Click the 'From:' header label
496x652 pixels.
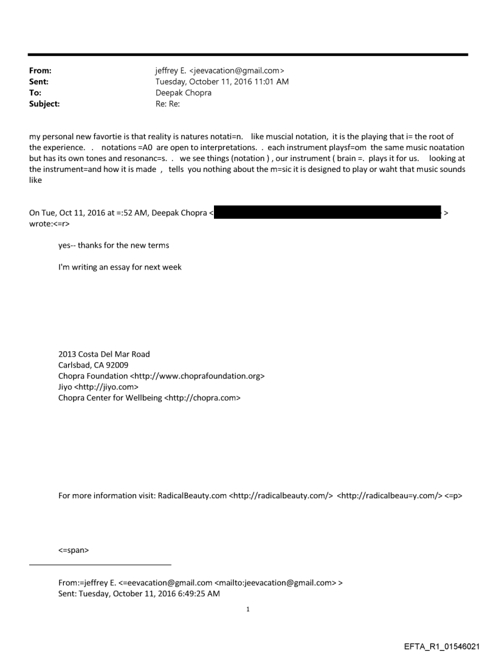click(40, 71)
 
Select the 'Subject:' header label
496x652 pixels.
click(44, 104)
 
